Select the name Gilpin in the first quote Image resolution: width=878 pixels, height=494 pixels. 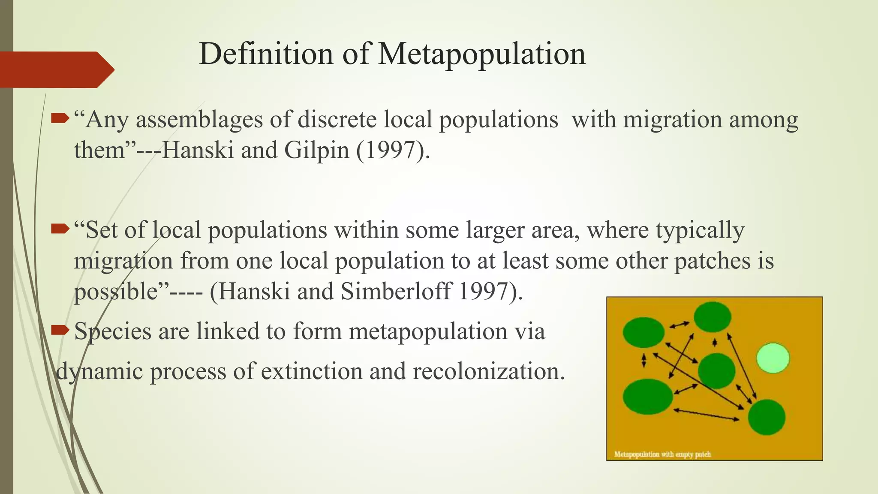tap(316, 150)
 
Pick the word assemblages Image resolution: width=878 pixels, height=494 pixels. tap(199, 120)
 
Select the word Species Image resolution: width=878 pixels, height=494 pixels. tap(113, 331)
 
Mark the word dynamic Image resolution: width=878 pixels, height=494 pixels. tap(99, 371)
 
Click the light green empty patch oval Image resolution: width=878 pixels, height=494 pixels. tap(773, 358)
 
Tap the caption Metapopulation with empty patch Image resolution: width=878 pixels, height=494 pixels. tap(662, 454)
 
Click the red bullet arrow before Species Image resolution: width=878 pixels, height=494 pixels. tap(60, 330)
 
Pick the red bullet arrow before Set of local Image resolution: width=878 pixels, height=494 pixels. tap(60, 229)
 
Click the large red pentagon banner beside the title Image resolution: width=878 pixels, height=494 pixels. tap(54, 69)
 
